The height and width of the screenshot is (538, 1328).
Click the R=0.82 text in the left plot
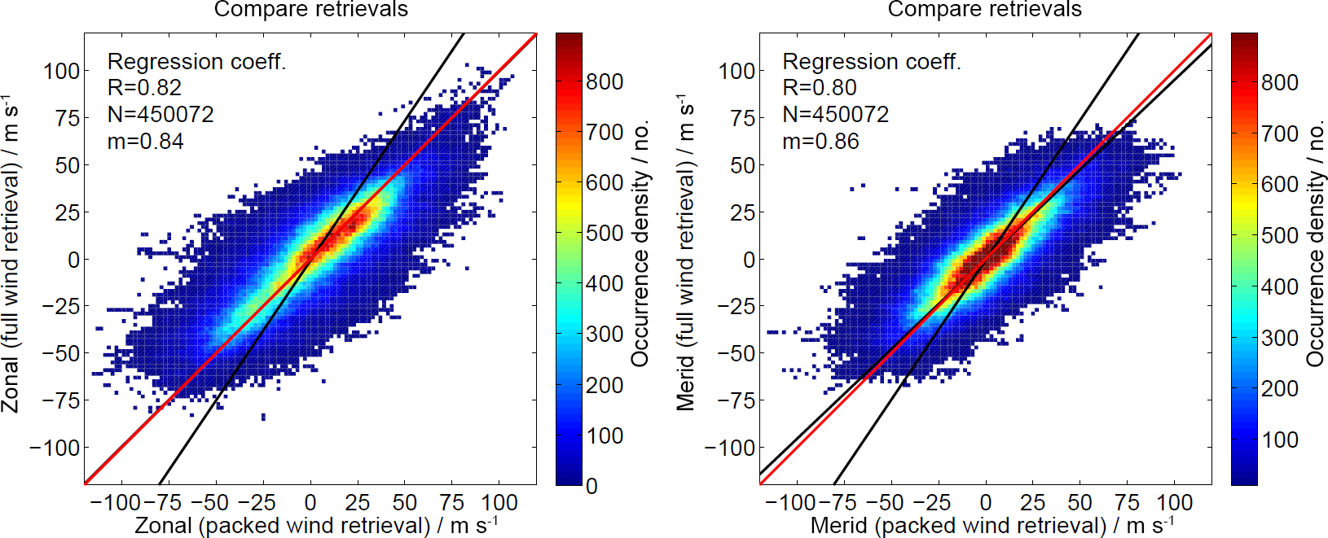coord(144,88)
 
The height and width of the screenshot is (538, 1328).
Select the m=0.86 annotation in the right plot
coord(820,142)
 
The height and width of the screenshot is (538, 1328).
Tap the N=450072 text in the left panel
coord(161,115)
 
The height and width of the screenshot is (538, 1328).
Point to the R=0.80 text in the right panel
coord(820,88)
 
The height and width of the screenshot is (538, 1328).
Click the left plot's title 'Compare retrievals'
coord(310,10)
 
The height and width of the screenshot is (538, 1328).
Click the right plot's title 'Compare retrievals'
coord(984,10)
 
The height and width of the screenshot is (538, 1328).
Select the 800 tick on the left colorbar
coord(605,81)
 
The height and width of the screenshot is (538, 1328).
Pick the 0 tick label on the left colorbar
coord(591,486)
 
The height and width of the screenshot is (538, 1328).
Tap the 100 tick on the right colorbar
coord(1279,440)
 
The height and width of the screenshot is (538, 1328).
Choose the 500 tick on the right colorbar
coord(1279,235)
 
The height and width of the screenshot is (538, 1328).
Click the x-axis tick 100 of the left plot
coord(499,502)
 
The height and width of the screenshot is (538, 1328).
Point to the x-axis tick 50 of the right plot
coord(1080,502)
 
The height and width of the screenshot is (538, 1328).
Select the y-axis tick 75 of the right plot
coord(741,118)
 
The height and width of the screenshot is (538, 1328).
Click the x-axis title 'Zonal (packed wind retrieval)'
coord(316,526)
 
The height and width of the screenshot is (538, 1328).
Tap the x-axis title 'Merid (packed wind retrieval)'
coord(992,526)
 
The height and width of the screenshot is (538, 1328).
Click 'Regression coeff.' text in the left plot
coord(196,62)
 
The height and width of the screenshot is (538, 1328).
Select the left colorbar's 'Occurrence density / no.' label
coord(640,244)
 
